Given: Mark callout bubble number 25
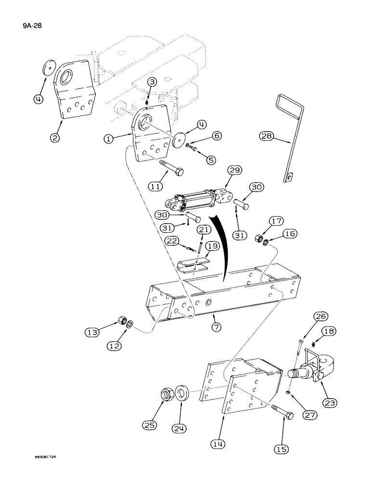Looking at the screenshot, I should pos(150,426).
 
